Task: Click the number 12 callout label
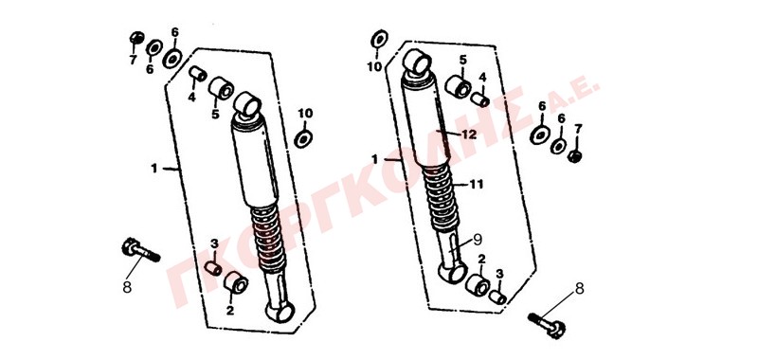[x=468, y=135]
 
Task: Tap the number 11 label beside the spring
[x=478, y=184]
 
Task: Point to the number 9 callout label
[x=478, y=238]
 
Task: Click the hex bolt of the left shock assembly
[x=140, y=250]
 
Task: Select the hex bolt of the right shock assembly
[x=548, y=325]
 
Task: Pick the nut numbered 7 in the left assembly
[x=136, y=38]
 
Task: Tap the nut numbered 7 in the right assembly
[x=574, y=156]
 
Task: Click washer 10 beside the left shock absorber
[x=303, y=138]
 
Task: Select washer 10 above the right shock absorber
[x=380, y=39]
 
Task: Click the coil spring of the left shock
[x=270, y=237]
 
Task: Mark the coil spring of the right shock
[x=442, y=197]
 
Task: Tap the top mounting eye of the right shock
[x=417, y=63]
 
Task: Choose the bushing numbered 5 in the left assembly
[x=222, y=88]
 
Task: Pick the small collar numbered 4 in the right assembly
[x=480, y=100]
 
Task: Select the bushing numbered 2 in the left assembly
[x=236, y=282]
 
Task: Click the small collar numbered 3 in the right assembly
[x=497, y=297]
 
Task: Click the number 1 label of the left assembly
[x=154, y=169]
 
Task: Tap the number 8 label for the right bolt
[x=579, y=289]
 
